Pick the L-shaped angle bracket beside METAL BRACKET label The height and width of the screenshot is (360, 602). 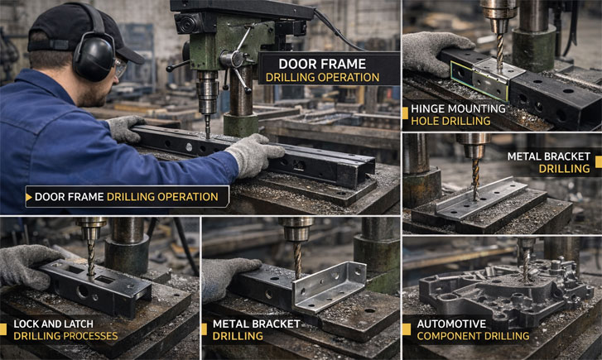coord(331,286)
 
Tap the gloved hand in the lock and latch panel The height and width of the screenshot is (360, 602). coord(25,263)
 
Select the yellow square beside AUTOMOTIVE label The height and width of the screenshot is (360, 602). coord(407,329)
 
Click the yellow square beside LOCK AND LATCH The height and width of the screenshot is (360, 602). coord(7,329)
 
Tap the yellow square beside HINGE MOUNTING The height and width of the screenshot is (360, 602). coord(405,115)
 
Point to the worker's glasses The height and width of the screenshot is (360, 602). coord(121,69)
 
